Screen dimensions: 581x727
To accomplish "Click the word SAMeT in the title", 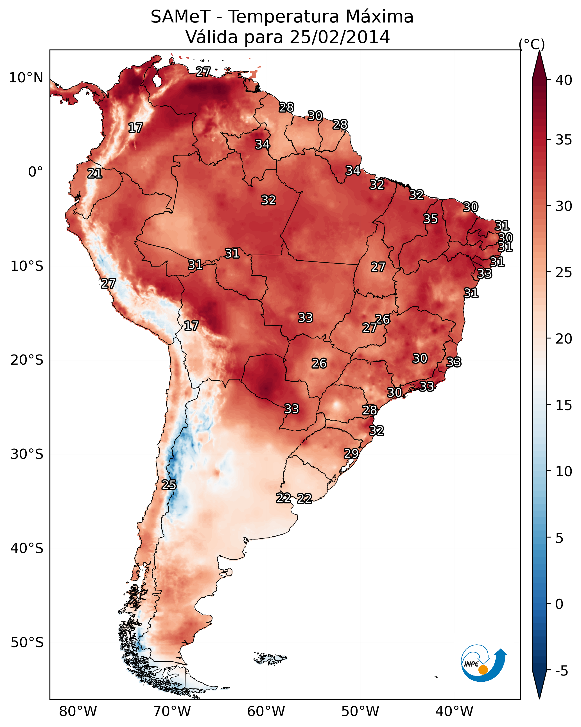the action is [x=180, y=17].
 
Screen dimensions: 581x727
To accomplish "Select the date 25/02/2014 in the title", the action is [x=340, y=37].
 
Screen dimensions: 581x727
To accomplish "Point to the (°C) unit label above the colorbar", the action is [x=532, y=44].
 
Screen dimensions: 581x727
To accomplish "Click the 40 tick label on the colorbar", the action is [x=564, y=80].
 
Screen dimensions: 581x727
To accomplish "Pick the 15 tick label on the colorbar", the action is [x=564, y=405].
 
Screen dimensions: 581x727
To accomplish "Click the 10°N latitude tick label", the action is [x=26, y=78].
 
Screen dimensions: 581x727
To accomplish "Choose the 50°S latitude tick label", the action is [x=27, y=642].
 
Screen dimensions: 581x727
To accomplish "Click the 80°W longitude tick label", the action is [x=78, y=712].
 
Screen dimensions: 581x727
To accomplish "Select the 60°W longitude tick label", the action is [x=266, y=712].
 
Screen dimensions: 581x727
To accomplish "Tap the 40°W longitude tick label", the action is [x=454, y=712].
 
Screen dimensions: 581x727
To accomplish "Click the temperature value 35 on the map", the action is [x=431, y=219].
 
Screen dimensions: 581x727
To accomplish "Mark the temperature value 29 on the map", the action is [x=351, y=453].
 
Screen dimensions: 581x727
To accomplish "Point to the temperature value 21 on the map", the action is [x=95, y=174].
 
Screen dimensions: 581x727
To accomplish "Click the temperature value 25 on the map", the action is [x=169, y=485].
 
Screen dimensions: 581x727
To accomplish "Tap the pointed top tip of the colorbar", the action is [x=539, y=51].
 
